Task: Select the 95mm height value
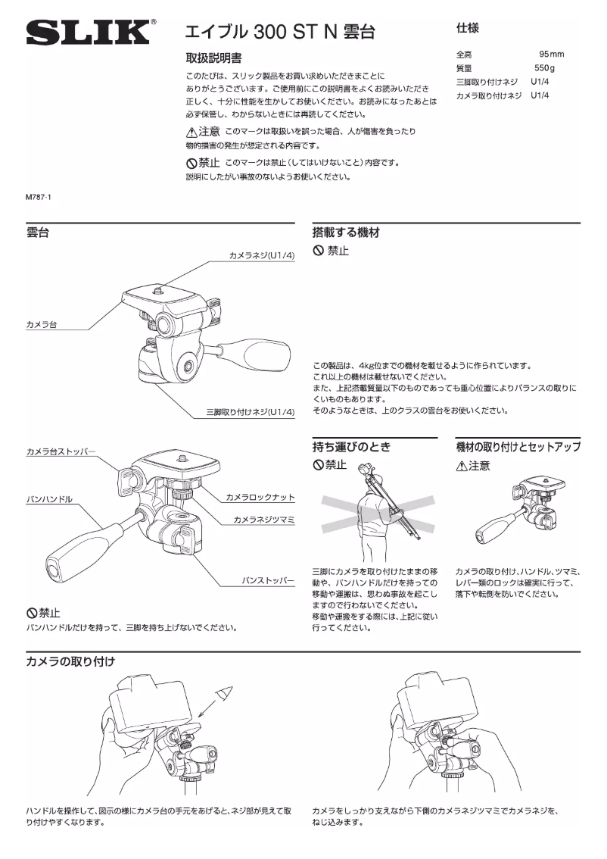551,55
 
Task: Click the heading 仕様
466,28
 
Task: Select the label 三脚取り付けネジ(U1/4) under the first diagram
250,412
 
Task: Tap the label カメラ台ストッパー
61,452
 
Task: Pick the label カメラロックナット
260,498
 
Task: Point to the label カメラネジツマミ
263,520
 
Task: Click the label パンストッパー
266,580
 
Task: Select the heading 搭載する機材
346,233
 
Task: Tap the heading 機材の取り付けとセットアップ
518,447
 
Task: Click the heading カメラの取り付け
70,661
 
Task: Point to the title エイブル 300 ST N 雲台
280,32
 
